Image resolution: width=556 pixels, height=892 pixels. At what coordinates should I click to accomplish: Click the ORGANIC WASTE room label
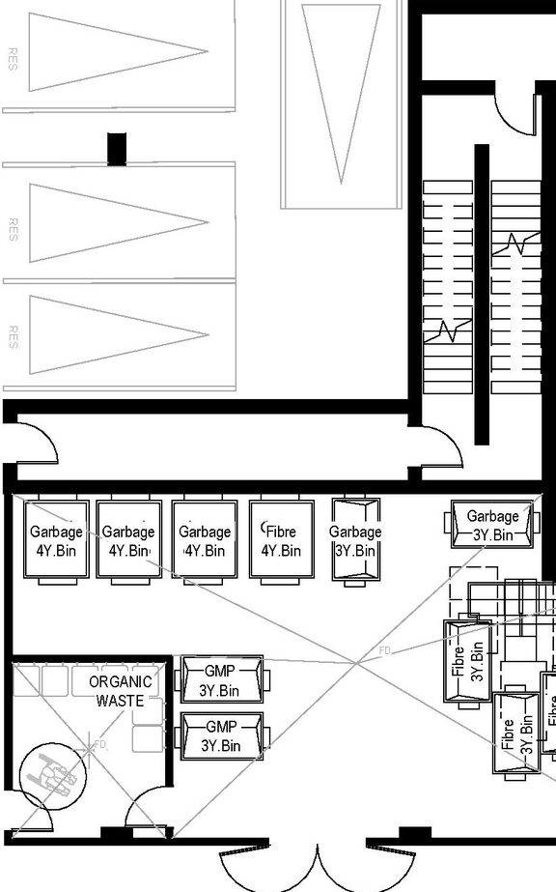click(x=120, y=691)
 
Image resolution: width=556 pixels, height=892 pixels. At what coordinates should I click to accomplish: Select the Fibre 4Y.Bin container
click(x=281, y=540)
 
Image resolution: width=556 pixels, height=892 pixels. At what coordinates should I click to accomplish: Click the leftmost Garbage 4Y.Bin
click(x=56, y=540)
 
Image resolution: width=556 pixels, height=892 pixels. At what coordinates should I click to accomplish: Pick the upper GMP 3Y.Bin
click(x=221, y=679)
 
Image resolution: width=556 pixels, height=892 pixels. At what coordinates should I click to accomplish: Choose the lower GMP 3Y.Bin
click(x=221, y=735)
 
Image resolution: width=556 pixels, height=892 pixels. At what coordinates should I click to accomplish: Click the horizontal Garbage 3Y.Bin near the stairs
click(x=493, y=524)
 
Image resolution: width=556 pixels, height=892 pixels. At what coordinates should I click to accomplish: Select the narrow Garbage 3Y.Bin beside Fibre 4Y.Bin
click(x=355, y=540)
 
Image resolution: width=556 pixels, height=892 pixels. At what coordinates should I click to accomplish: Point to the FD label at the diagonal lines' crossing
click(x=384, y=652)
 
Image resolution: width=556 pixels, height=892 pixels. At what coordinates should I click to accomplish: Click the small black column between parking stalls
click(x=117, y=148)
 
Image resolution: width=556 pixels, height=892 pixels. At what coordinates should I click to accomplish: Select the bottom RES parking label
click(x=13, y=336)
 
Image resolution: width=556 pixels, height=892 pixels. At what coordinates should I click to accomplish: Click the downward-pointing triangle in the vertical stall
click(x=341, y=87)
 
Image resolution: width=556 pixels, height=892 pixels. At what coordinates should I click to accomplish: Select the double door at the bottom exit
click(x=317, y=865)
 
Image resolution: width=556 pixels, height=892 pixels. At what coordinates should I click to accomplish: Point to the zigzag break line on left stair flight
click(x=448, y=331)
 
